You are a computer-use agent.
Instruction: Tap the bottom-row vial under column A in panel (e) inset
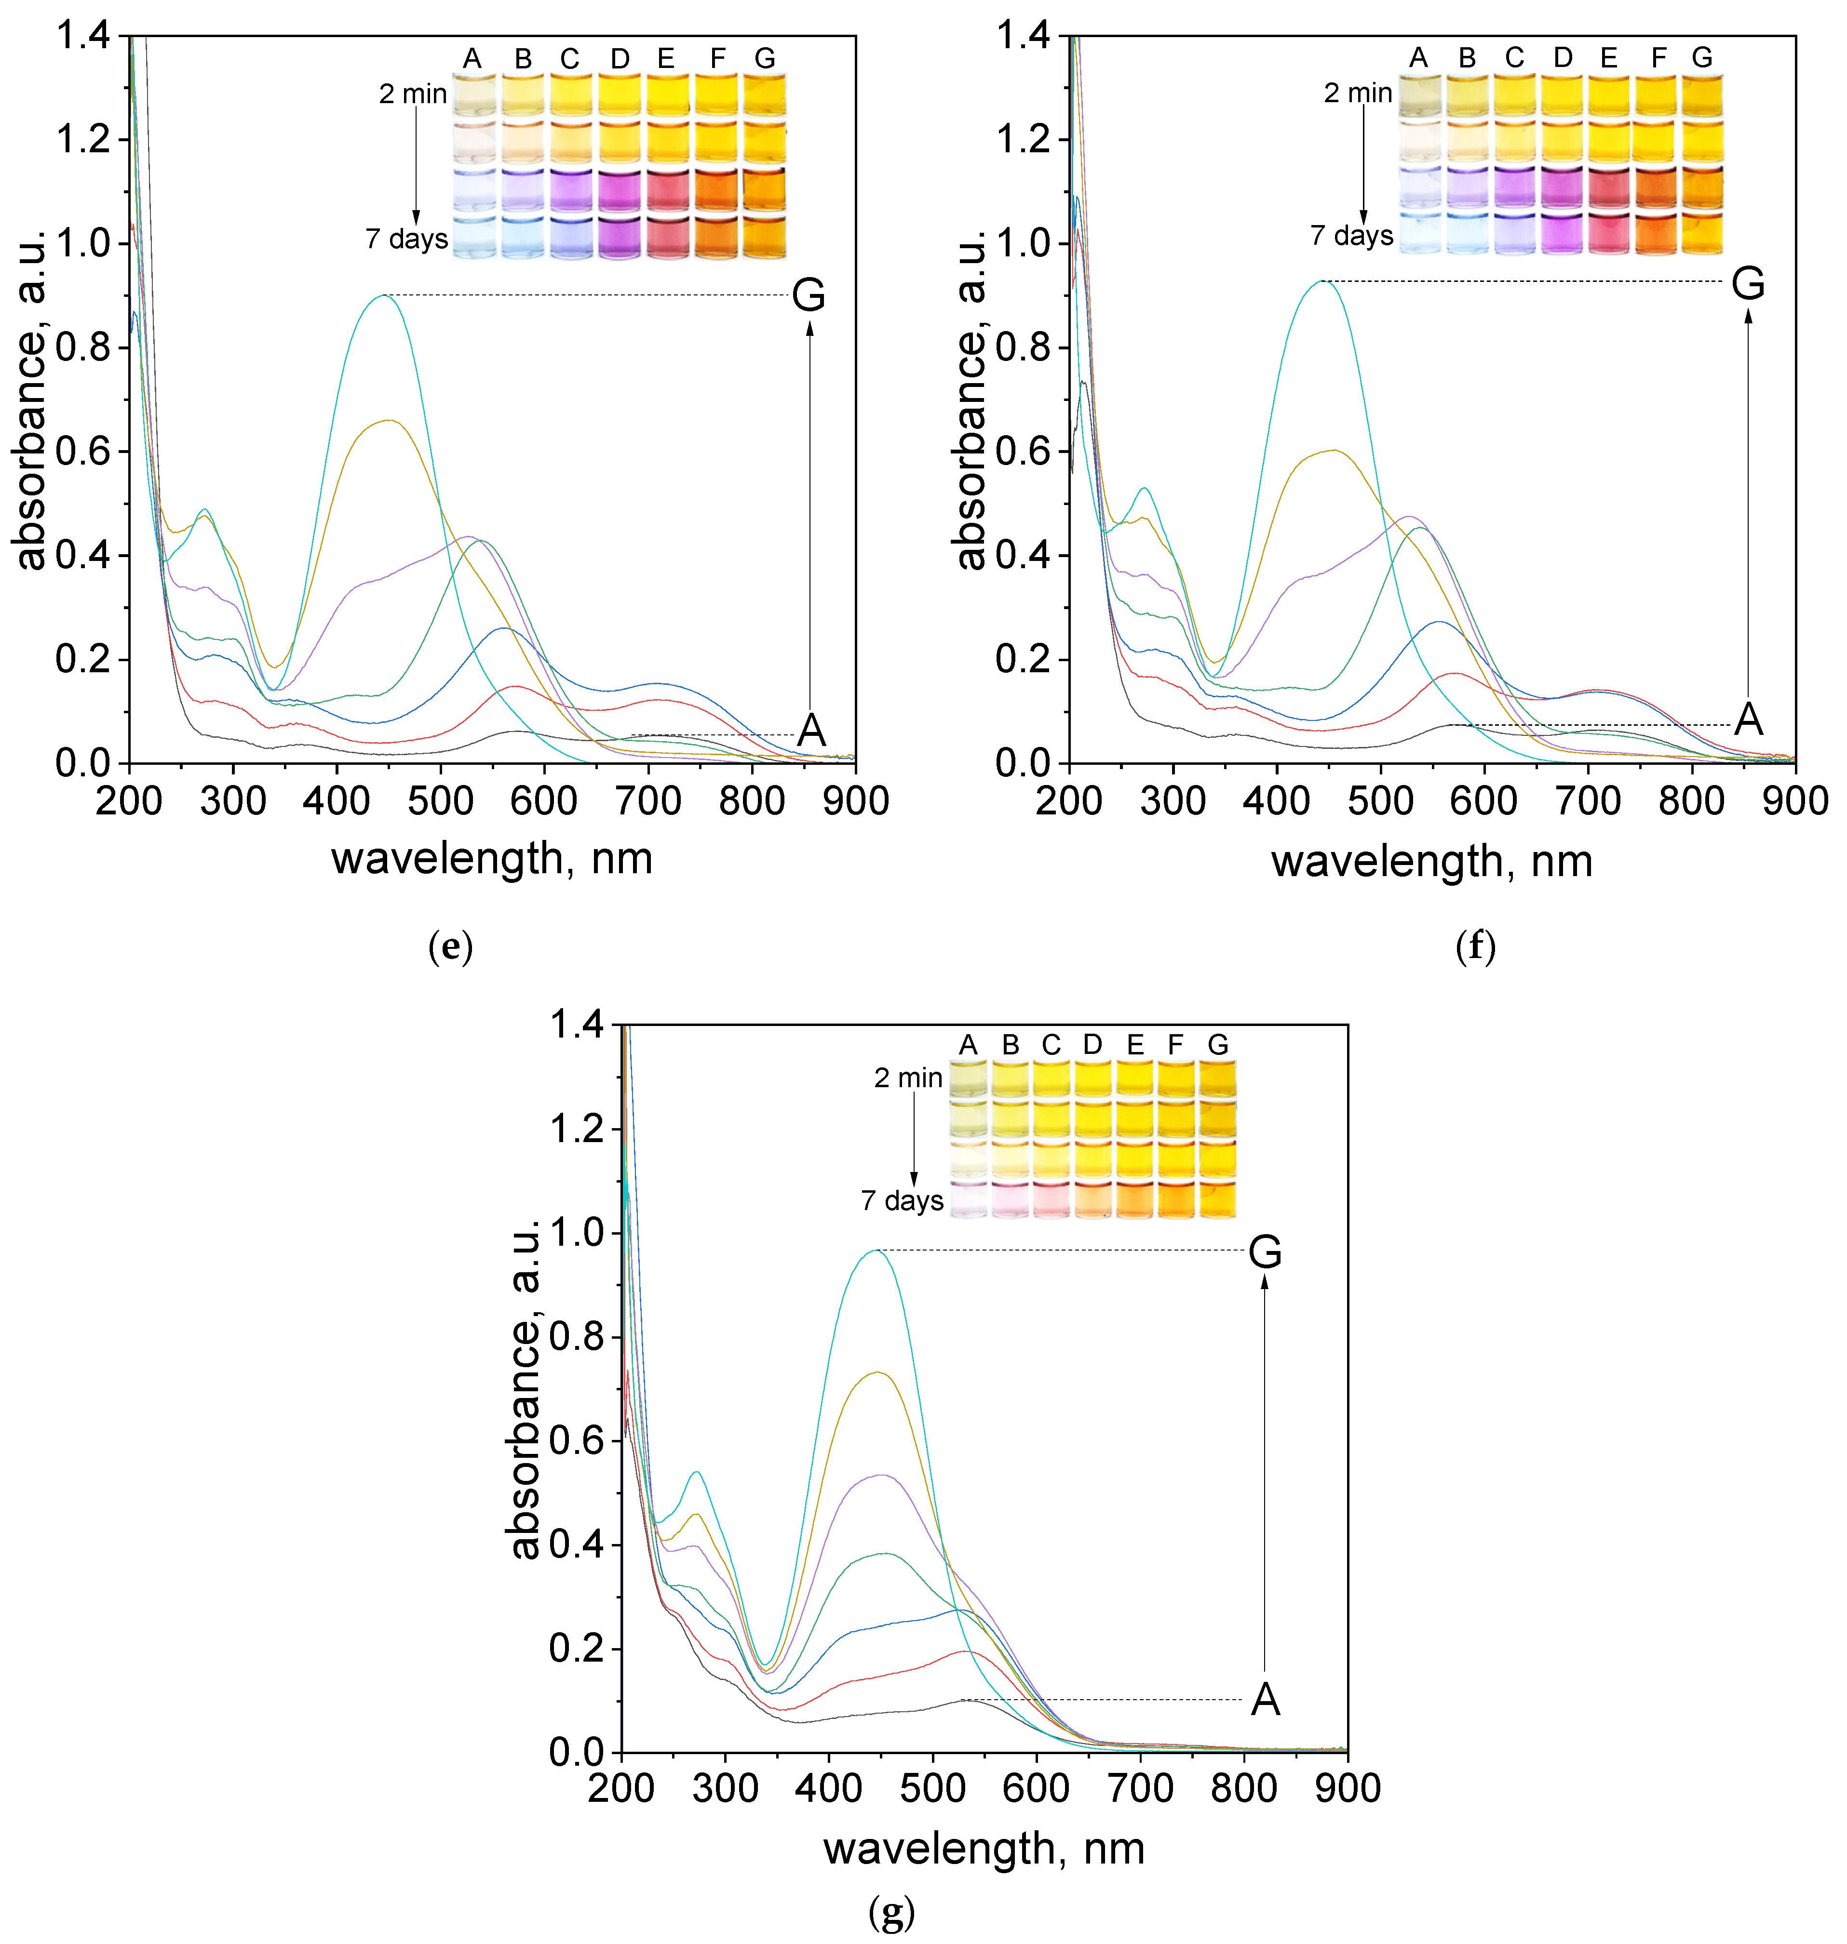[x=473, y=237]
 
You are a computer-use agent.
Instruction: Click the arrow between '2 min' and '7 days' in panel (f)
[x=1363, y=162]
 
